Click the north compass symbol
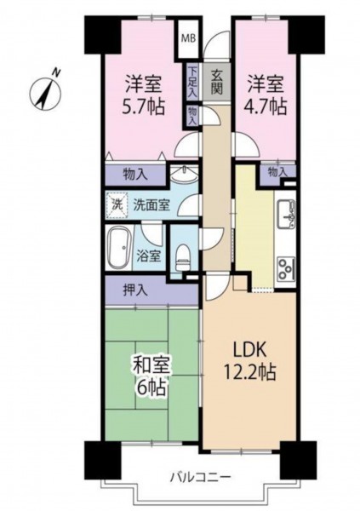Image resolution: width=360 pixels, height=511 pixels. pos(45,92)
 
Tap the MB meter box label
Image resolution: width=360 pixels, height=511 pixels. pos(188,38)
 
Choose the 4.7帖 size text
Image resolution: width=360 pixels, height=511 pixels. pos(266,106)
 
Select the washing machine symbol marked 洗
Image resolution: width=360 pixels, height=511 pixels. pos(116,205)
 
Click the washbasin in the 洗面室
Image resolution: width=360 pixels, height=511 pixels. pos(184,175)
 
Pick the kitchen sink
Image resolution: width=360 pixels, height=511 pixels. pos(285,214)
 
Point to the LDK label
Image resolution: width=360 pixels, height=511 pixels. pos(249,350)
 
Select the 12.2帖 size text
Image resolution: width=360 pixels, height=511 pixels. pos(249,372)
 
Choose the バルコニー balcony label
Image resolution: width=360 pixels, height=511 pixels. pos(200,478)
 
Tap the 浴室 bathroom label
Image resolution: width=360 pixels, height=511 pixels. pos(149,257)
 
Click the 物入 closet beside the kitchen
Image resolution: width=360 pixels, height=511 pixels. pos(277,173)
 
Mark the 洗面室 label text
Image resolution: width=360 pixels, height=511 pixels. pos(151,205)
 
